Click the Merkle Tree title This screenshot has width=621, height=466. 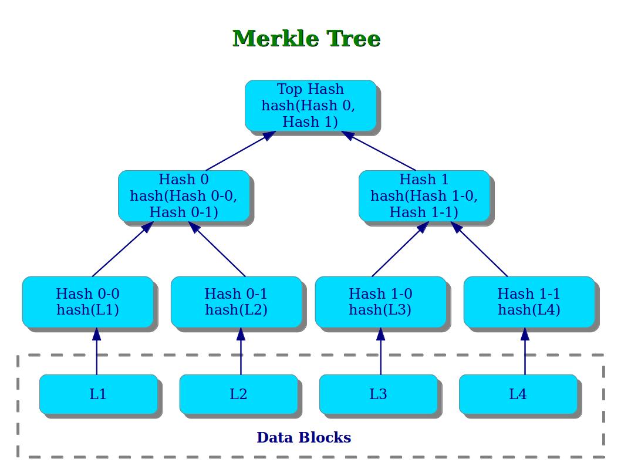pos(306,39)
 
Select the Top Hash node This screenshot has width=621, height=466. pos(310,105)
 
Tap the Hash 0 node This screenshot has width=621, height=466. pos(184,195)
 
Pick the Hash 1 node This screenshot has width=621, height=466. pos(424,195)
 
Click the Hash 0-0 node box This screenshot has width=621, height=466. pos(88,302)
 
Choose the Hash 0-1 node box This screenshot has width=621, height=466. pos(236,302)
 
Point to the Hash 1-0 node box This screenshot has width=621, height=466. pos(380,302)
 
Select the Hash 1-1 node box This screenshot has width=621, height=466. pos(529,302)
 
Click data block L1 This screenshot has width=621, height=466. pos(98,394)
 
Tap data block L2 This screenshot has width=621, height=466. pos(238,394)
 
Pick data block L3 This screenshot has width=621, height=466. pos(378,394)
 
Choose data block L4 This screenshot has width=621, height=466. pos(518,394)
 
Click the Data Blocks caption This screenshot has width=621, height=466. pos(304,437)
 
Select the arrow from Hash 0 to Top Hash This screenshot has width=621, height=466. pos(241,151)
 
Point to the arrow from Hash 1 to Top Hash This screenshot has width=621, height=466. pos(378,151)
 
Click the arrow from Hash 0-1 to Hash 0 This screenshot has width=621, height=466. pos(217,249)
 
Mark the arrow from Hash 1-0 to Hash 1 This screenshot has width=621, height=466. pos(400,249)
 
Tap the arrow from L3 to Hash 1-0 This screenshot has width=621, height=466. pos(380,351)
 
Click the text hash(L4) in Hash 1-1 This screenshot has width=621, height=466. pos(529,310)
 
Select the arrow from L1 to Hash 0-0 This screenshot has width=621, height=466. pos(97,351)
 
